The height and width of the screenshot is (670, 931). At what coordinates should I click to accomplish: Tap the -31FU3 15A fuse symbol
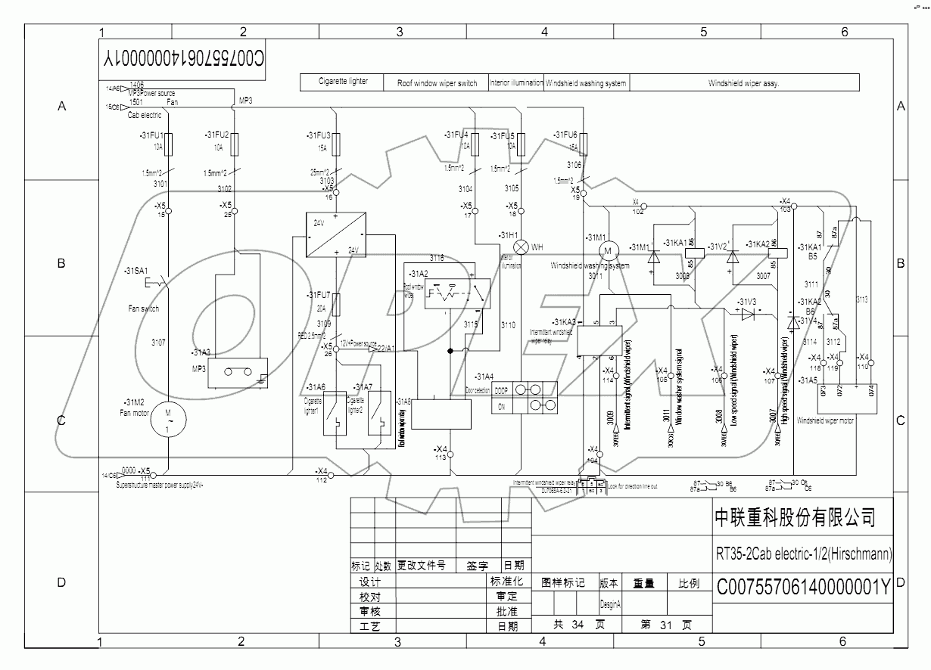(336, 141)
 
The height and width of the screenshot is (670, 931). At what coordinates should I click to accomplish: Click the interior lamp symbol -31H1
(521, 247)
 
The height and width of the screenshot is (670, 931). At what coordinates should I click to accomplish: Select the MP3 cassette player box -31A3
(238, 372)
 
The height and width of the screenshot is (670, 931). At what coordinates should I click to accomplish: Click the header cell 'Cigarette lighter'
(344, 82)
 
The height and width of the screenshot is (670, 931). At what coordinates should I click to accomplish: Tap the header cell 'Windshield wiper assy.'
(743, 83)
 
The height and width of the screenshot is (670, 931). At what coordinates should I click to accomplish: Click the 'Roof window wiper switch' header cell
(437, 83)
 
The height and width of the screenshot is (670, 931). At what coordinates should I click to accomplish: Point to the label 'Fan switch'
(144, 309)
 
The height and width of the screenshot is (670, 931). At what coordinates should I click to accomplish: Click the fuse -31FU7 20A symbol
(336, 304)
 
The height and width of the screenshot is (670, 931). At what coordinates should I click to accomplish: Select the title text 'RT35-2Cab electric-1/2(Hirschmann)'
(803, 554)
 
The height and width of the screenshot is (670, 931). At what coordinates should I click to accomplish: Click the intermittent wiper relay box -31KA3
(599, 340)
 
